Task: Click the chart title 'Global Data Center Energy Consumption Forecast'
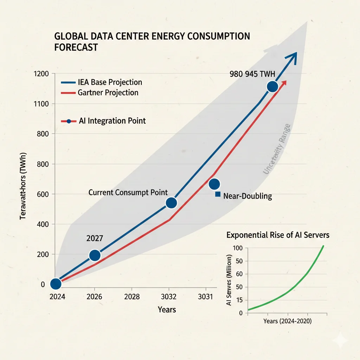coord(152,41)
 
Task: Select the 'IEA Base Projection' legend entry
coord(102,82)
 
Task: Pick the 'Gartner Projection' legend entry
coord(99,93)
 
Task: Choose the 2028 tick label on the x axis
coord(132,297)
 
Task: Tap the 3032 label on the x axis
coord(171,297)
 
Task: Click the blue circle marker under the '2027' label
coord(95,255)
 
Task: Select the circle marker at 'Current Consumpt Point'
coord(171,203)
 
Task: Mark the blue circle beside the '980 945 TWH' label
coord(272,86)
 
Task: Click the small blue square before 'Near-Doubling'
coord(218,194)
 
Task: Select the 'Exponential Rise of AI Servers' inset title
coord(278,234)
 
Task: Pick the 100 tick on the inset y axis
coord(238,248)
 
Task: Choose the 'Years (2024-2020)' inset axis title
coord(287,321)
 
